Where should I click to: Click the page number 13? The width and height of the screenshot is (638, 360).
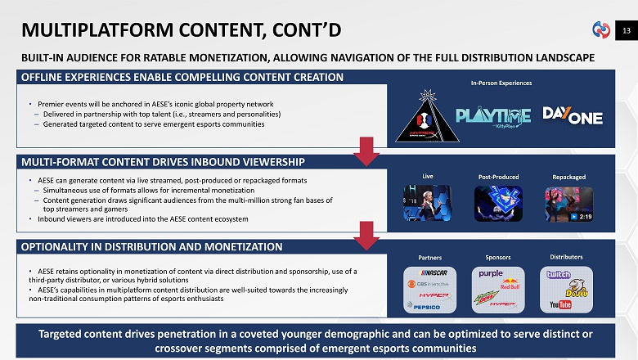pos(625,31)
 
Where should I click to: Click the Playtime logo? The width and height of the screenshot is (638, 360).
pos(492,116)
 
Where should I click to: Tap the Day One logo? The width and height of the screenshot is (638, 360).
pos(573,116)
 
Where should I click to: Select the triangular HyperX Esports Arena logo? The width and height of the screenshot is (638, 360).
pos(425,117)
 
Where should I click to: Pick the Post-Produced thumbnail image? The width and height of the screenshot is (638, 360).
pos(498,204)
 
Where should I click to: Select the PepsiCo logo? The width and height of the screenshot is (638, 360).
pos(425,306)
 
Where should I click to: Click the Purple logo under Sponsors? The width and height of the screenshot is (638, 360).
pos(491,273)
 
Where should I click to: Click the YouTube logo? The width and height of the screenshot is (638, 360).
pos(560,305)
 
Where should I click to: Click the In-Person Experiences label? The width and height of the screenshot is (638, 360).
pos(501,83)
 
